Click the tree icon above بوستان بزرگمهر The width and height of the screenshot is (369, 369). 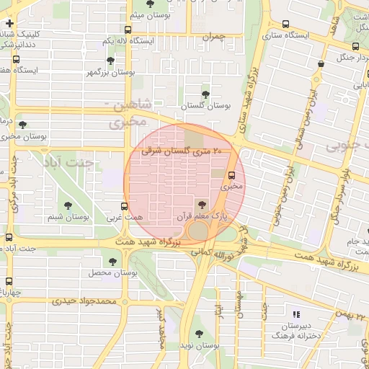click(x=110, y=61)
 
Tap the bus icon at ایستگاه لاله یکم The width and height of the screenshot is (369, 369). click(x=128, y=30)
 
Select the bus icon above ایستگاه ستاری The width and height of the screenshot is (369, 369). click(x=286, y=24)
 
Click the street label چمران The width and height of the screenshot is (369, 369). click(x=213, y=36)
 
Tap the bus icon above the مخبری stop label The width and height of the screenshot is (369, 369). click(x=231, y=175)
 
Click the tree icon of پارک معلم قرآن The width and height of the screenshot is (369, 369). click(x=200, y=205)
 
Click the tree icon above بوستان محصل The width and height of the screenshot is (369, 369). click(x=112, y=261)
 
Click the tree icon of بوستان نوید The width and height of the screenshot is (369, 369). click(x=199, y=334)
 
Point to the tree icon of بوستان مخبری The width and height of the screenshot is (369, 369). click(x=22, y=125)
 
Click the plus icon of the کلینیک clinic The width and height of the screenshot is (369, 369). click(x=9, y=24)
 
